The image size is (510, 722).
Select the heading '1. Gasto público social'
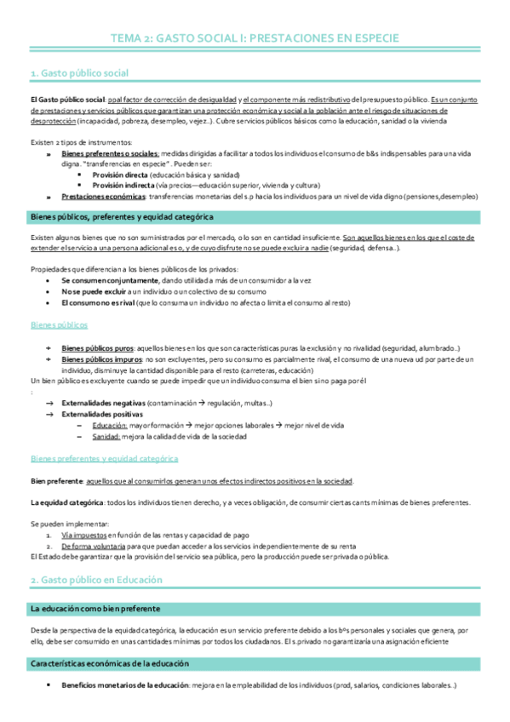point(80,75)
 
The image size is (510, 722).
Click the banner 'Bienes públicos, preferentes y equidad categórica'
point(122,216)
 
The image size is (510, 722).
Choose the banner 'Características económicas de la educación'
point(109,662)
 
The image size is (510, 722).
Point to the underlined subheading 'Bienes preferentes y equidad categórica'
point(104,458)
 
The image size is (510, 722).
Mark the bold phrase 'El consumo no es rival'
point(97,302)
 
